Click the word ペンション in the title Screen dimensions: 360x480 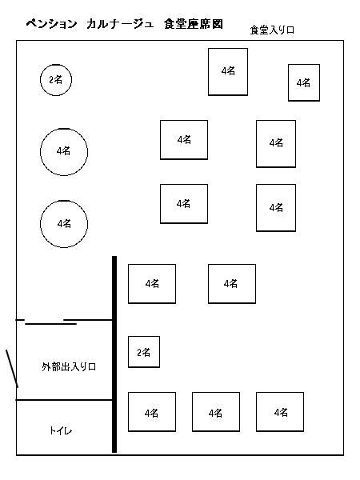51,24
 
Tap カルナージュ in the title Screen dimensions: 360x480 120,24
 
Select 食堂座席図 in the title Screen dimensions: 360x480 194,24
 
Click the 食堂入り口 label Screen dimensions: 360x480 272,30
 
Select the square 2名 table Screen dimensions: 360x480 144,352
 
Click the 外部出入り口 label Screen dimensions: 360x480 69,366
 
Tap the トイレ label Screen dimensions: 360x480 61,430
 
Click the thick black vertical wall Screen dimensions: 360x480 114,354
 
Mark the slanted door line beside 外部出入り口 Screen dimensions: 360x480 12,369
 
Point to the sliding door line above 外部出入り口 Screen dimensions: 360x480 51,323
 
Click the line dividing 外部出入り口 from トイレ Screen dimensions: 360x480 64,400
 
